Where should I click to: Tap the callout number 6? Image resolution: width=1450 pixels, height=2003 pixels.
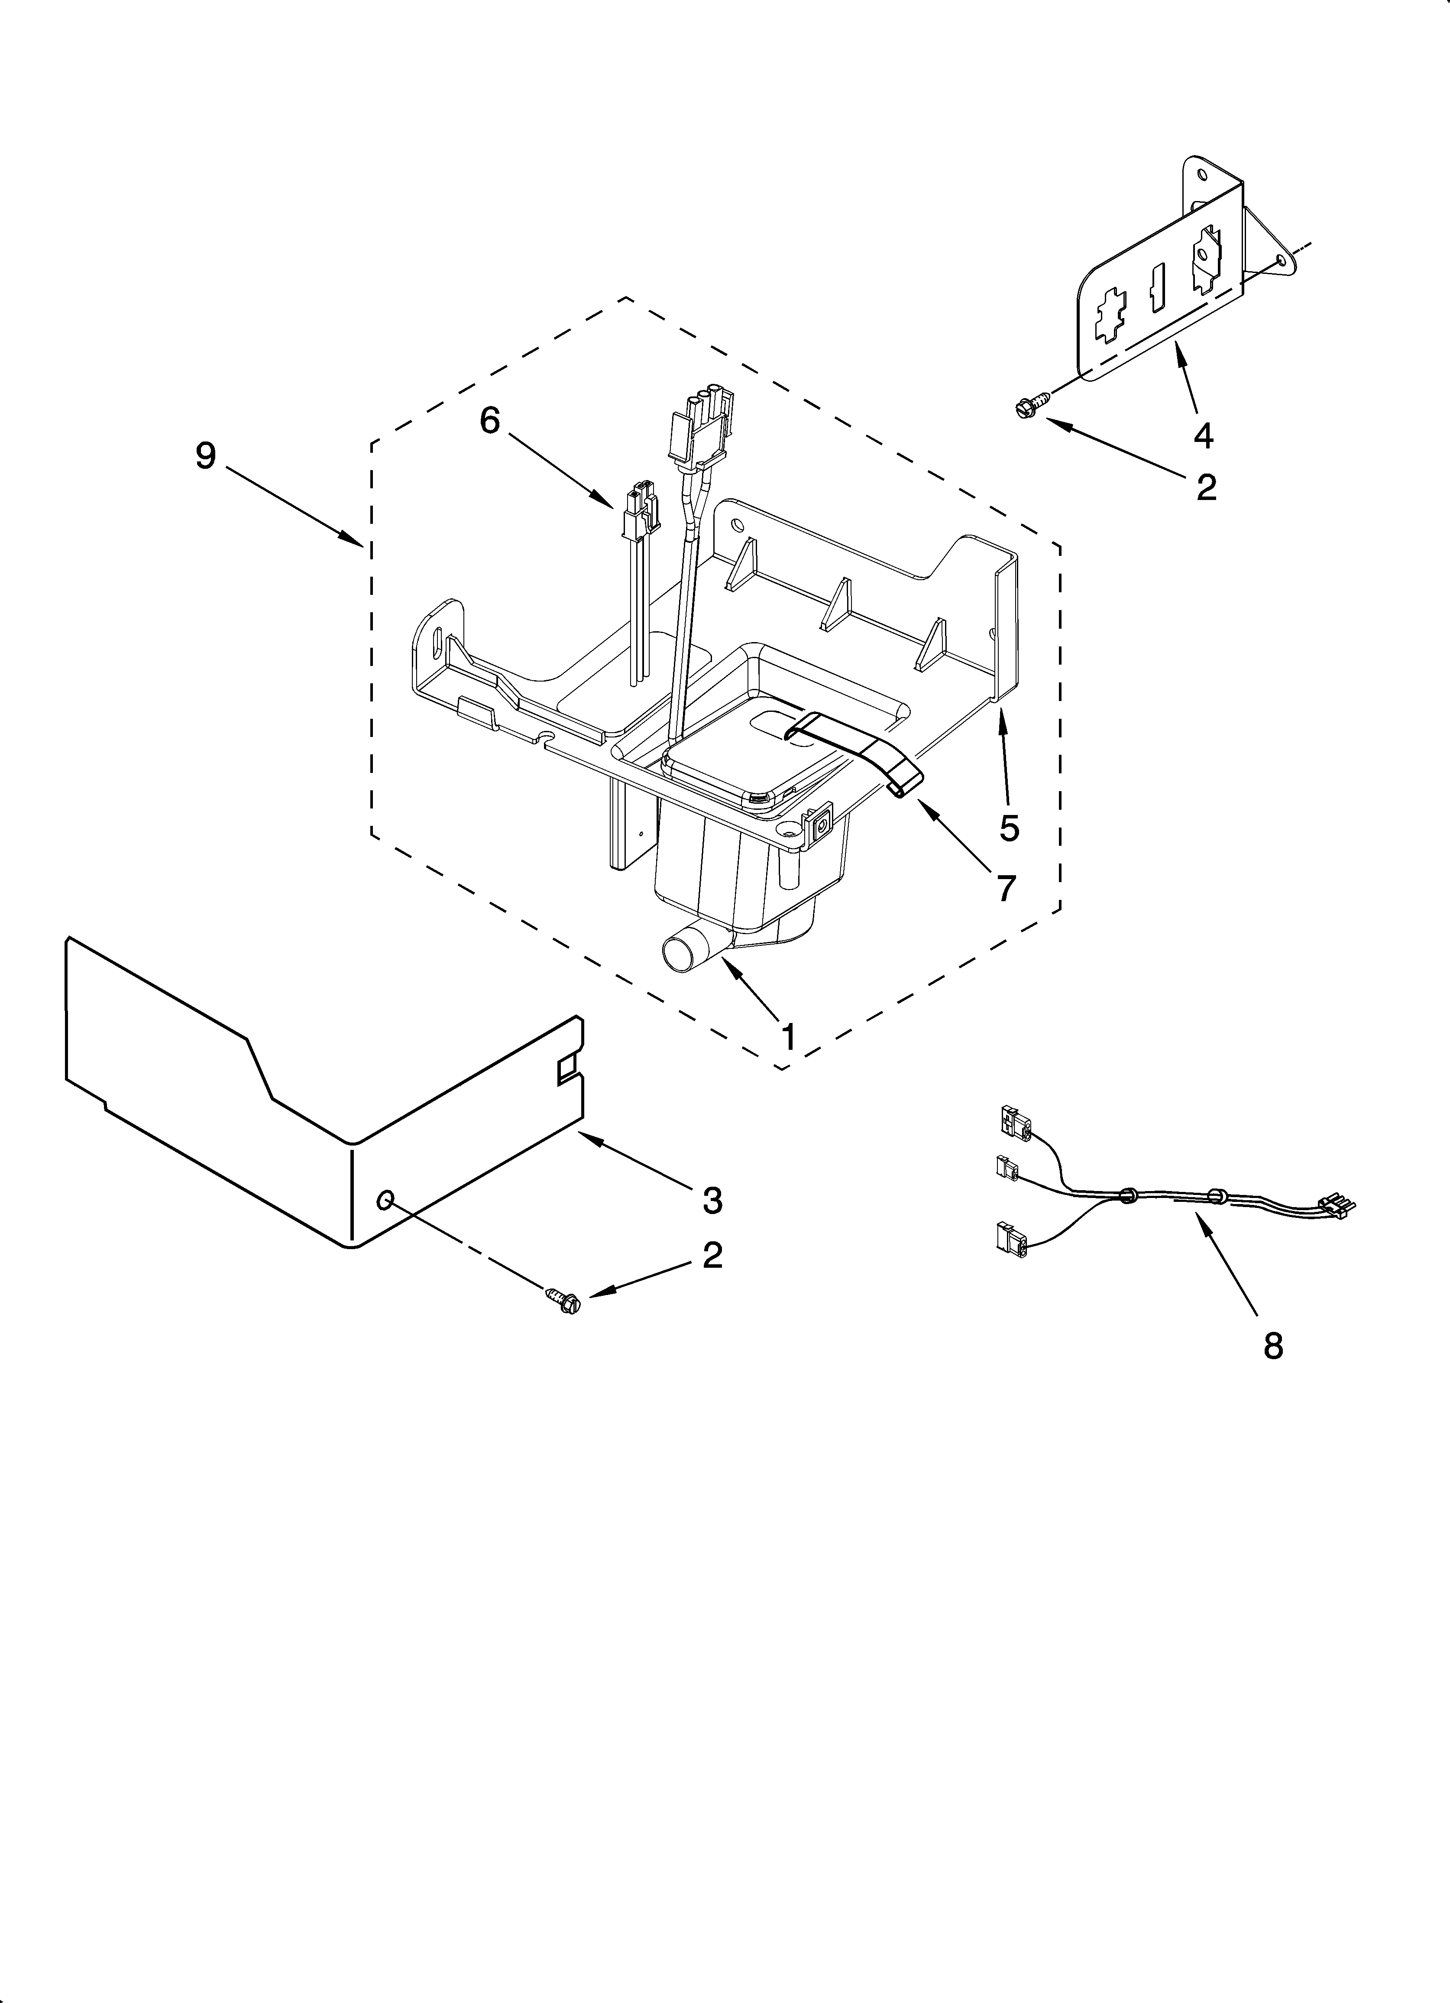(489, 420)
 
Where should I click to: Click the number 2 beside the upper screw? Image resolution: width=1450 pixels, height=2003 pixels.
(1206, 487)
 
